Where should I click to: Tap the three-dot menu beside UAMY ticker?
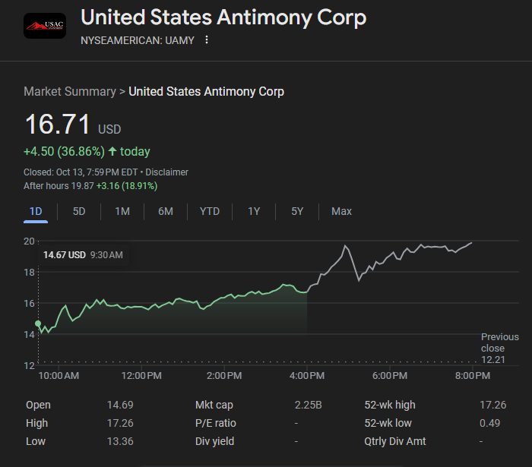click(207, 39)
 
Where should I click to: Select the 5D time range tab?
click(79, 211)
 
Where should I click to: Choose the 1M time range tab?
click(122, 211)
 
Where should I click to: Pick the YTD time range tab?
click(210, 211)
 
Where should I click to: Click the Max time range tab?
click(341, 211)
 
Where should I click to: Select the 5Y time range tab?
click(297, 211)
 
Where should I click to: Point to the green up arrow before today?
click(112, 151)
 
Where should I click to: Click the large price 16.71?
click(58, 125)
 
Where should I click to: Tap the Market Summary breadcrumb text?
click(69, 91)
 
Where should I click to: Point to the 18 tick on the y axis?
click(30, 272)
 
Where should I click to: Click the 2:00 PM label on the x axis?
click(224, 376)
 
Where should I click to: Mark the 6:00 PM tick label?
click(390, 376)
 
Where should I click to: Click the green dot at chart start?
click(38, 323)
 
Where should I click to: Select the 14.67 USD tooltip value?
click(65, 255)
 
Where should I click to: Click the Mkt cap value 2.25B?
click(309, 405)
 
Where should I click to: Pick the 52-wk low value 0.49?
click(490, 423)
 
